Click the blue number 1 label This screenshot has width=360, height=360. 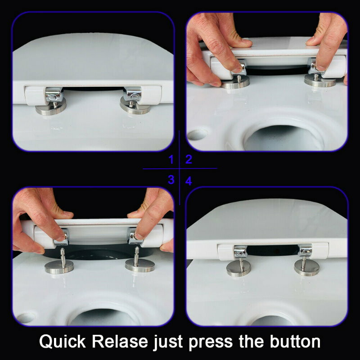click(x=171, y=159)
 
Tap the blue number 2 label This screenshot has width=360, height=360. click(x=189, y=159)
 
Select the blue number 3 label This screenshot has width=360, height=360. click(x=171, y=180)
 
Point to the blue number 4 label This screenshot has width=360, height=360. click(x=189, y=181)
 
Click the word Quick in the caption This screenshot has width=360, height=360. click(x=63, y=342)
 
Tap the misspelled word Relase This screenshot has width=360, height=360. click(x=120, y=342)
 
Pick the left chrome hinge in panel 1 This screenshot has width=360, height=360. click(x=54, y=94)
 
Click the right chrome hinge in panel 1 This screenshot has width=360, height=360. click(x=132, y=94)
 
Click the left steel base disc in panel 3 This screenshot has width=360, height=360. click(x=59, y=267)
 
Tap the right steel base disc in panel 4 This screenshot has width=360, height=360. click(x=306, y=267)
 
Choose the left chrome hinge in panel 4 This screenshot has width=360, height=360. click(x=240, y=252)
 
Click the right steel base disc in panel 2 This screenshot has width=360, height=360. click(x=320, y=81)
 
